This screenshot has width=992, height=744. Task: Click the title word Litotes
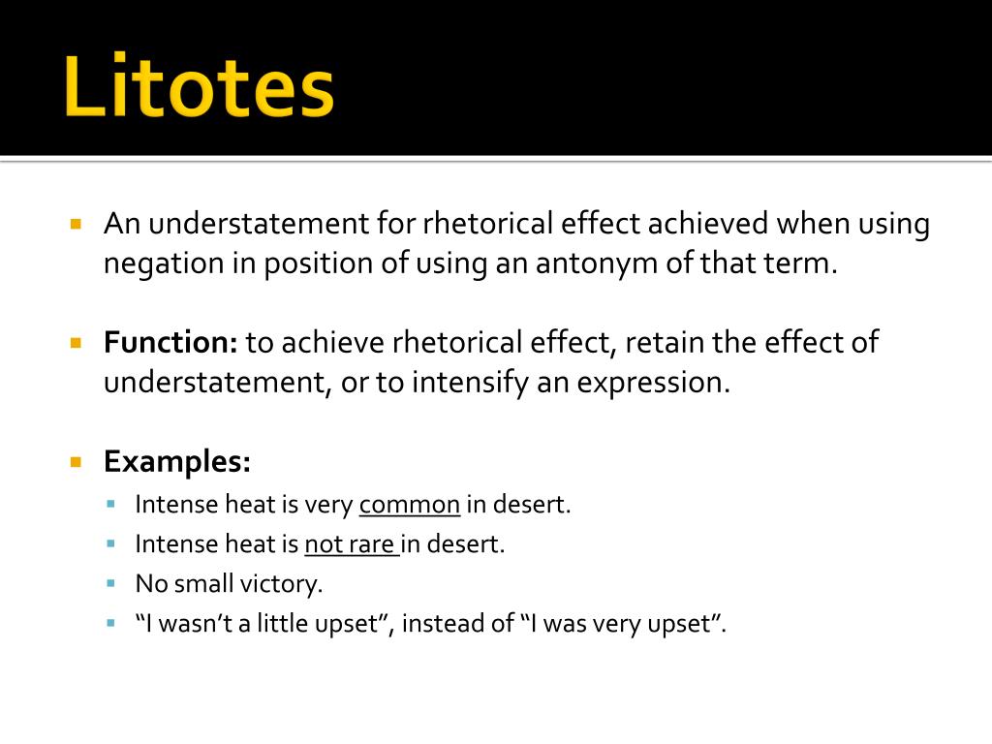tap(200, 87)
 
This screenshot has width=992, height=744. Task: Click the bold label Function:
tap(170, 342)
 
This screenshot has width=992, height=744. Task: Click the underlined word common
tap(410, 505)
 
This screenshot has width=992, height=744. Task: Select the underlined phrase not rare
tap(350, 544)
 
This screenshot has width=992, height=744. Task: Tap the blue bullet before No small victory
tap(112, 584)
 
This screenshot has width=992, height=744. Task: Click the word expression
tap(652, 382)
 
